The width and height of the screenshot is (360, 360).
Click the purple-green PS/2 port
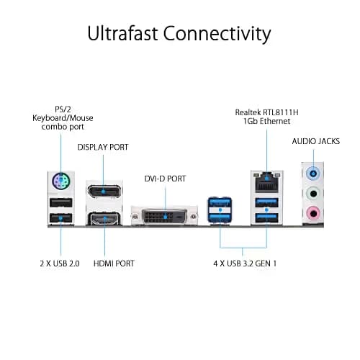pyautogui.click(x=61, y=181)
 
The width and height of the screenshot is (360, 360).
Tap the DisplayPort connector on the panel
pyautogui.click(x=104, y=192)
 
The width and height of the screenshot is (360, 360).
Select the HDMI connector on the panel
pyautogui.click(x=104, y=219)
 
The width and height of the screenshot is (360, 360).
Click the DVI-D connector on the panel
pyautogui.click(x=164, y=216)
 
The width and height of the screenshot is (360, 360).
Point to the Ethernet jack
pyautogui.click(x=266, y=182)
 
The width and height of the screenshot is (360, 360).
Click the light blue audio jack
pyautogui.click(x=313, y=173)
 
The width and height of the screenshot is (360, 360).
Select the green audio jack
pyautogui.click(x=313, y=193)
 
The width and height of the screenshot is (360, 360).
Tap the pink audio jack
pyautogui.click(x=313, y=213)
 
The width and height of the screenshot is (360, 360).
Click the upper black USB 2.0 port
pyautogui.click(x=61, y=203)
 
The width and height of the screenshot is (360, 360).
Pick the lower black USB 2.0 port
pyautogui.click(x=61, y=218)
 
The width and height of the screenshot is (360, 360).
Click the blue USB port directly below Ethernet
pyautogui.click(x=266, y=203)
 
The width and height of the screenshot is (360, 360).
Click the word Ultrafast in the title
pyautogui.click(x=122, y=33)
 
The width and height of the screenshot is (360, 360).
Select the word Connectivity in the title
pyautogui.click(x=217, y=34)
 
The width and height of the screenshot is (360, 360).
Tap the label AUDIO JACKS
pyautogui.click(x=316, y=141)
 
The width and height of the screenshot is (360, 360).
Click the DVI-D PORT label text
pyautogui.click(x=165, y=179)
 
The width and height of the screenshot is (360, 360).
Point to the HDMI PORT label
pyautogui.click(x=114, y=264)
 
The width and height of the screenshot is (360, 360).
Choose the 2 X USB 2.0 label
pyautogui.click(x=60, y=264)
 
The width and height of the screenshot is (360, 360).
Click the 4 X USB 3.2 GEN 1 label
pyautogui.click(x=245, y=264)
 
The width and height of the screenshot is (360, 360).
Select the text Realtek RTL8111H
pyautogui.click(x=266, y=112)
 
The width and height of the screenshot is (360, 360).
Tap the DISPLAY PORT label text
pyautogui.click(x=103, y=147)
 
